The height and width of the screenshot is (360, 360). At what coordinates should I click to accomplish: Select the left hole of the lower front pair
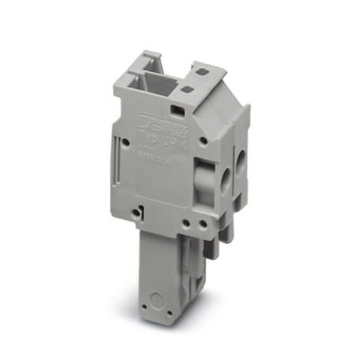(x=191, y=222)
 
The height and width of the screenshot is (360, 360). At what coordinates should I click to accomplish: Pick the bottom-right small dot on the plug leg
(x=175, y=321)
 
